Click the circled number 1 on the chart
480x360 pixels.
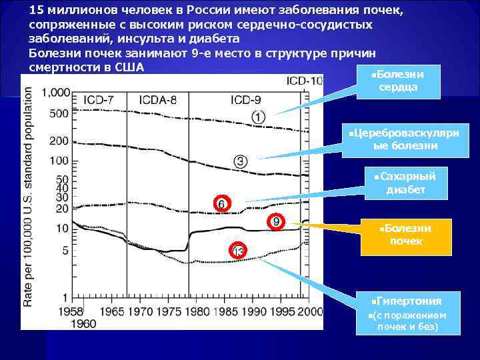pyautogui.click(x=259, y=117)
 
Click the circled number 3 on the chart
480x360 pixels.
pyautogui.click(x=241, y=161)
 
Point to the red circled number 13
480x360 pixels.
pyautogui.click(x=239, y=251)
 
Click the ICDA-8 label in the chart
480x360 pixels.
pyautogui.click(x=158, y=100)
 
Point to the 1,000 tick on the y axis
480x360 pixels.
pyautogui.click(x=55, y=92)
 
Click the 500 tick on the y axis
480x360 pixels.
pyautogui.click(x=59, y=113)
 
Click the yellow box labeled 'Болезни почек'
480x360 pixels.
pyautogui.click(x=406, y=235)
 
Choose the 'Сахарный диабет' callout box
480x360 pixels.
pyautogui.click(x=405, y=183)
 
